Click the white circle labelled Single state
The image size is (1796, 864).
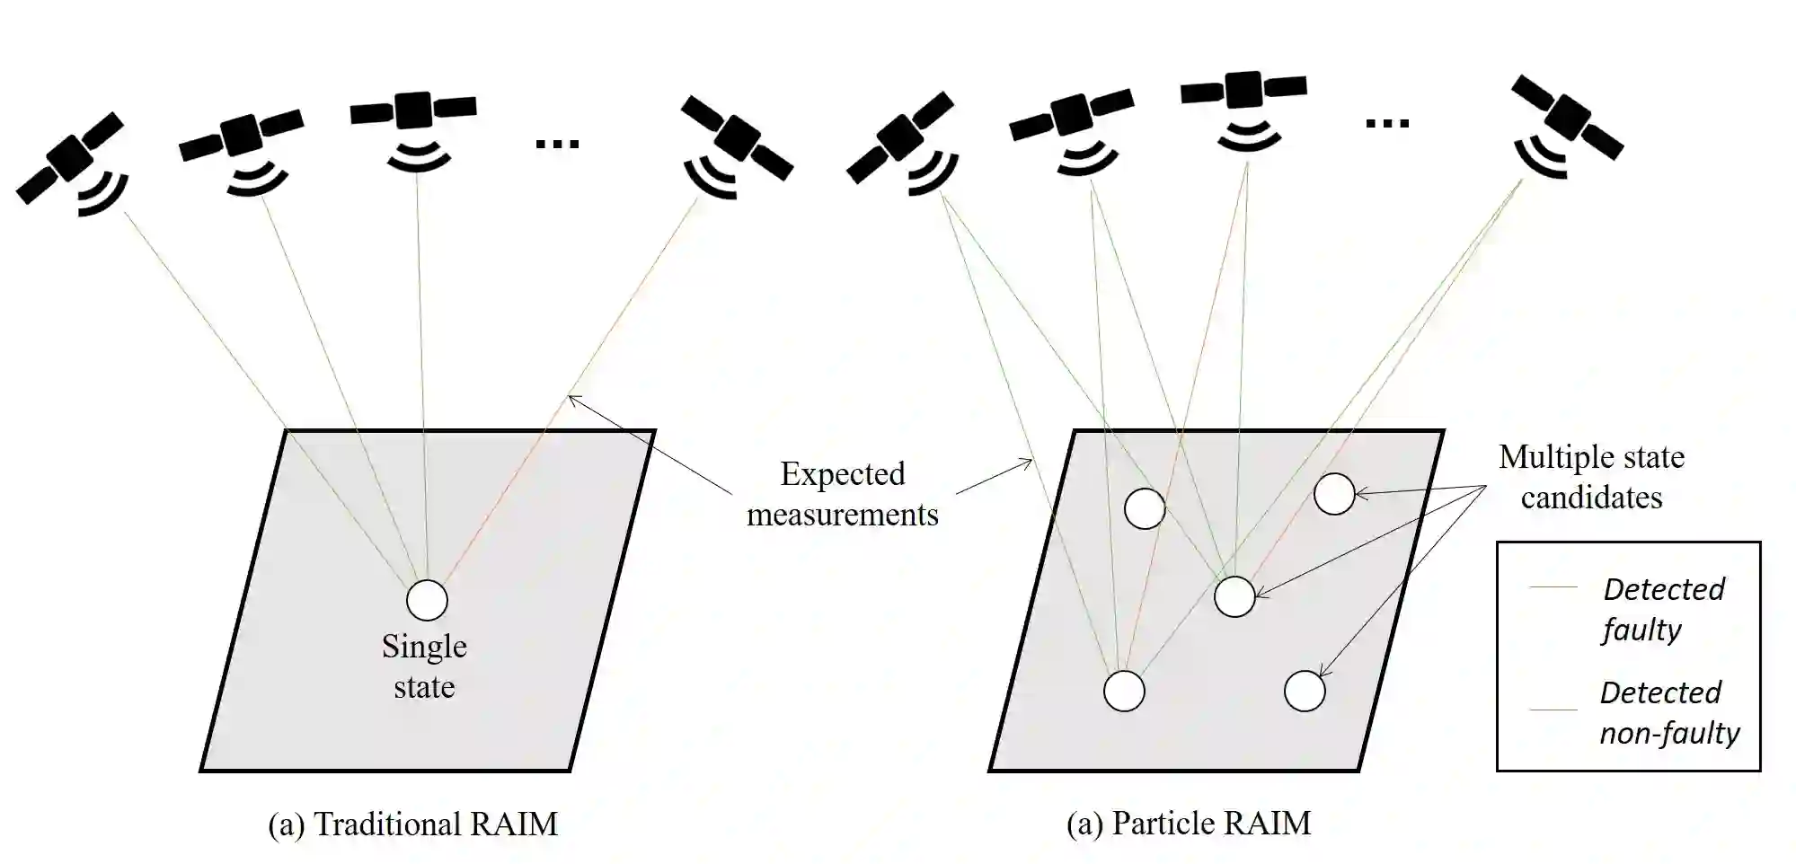coord(427,600)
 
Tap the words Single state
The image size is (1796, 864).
coord(424,666)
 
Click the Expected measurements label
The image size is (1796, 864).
coord(842,494)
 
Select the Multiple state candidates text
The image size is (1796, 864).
coord(1591,477)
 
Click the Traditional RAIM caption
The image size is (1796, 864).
coord(412,824)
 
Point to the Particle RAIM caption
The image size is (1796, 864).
coord(1188,823)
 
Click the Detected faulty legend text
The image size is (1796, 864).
coord(1663,609)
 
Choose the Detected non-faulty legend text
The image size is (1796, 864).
coord(1668,712)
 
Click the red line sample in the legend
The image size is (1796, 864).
coord(1553,586)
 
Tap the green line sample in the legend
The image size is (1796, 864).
coord(1553,710)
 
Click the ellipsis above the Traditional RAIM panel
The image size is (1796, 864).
coord(557,143)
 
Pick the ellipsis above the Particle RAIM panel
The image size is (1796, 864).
coord(1386,123)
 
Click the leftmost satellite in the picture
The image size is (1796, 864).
coord(70,157)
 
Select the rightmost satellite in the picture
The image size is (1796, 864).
coord(1567,117)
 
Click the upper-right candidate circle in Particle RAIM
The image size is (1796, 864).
coord(1333,494)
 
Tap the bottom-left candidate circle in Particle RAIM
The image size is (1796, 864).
coord(1123,691)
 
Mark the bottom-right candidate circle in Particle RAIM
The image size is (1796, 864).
coord(1305,691)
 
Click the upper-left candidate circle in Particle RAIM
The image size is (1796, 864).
coord(1145,508)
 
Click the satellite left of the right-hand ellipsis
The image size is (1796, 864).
coord(1243,89)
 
